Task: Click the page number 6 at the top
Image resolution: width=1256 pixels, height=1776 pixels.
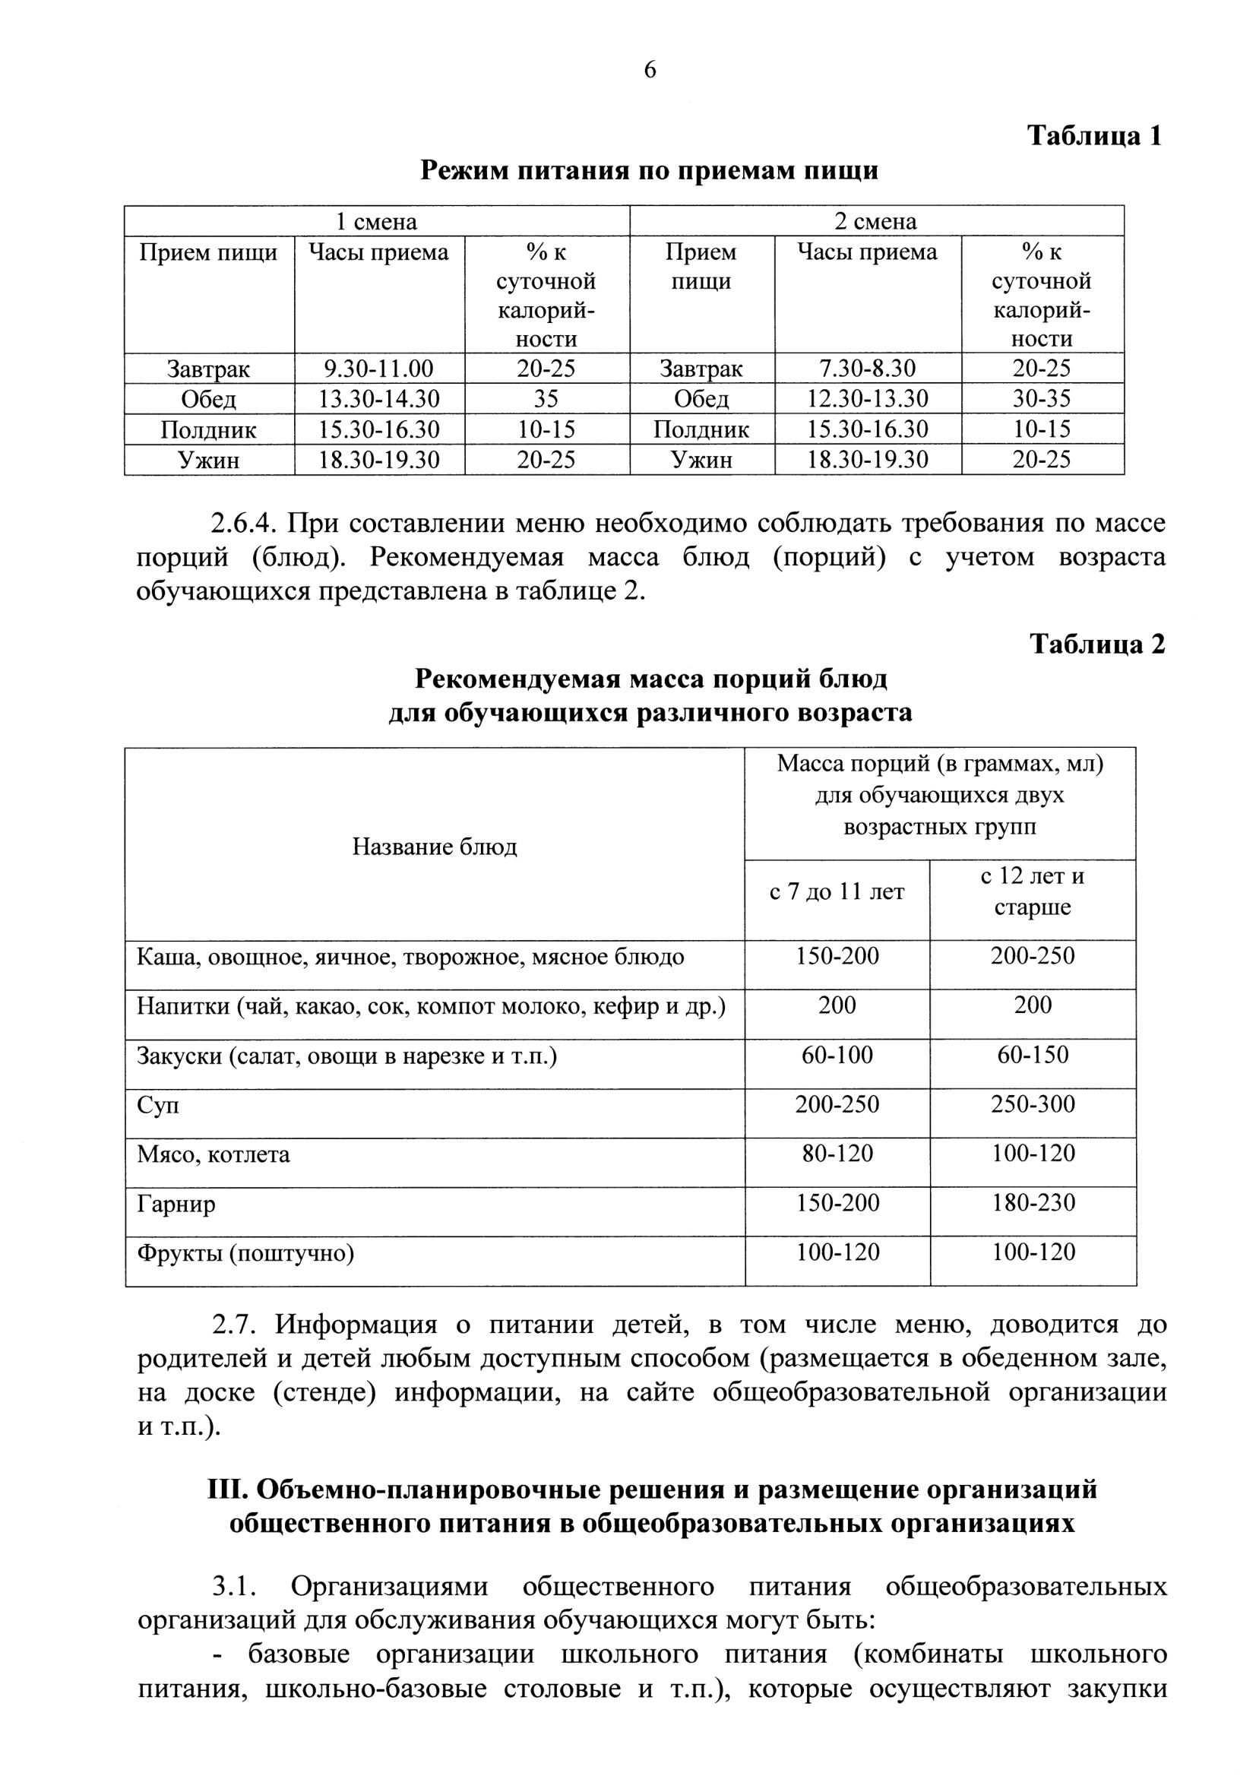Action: click(x=650, y=71)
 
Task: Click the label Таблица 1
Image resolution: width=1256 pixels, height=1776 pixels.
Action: click(x=1094, y=136)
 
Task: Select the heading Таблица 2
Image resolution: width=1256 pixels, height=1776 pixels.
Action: click(x=1096, y=644)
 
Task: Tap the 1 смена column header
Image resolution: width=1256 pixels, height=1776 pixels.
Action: click(x=376, y=222)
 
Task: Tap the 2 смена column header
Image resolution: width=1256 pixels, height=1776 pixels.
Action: click(x=875, y=222)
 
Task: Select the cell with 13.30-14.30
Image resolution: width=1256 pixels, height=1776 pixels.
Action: click(x=379, y=399)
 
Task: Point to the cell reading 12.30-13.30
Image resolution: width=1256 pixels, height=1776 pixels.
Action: click(x=867, y=399)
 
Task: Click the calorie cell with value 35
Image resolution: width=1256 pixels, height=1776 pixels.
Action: click(x=546, y=399)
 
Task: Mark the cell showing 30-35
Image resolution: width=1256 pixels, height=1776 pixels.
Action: click(x=1042, y=399)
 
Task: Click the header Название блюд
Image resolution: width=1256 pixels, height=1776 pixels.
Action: click(x=435, y=847)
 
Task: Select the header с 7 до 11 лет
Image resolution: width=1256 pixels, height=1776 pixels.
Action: click(x=837, y=893)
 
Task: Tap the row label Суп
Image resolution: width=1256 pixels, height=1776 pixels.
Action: click(x=158, y=1106)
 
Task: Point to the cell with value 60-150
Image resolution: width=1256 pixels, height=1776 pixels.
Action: click(x=1033, y=1055)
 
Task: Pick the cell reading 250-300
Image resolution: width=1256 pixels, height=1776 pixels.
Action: click(x=1033, y=1105)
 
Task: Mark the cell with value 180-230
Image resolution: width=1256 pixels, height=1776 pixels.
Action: click(x=1033, y=1204)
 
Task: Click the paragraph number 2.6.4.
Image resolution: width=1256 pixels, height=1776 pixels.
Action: click(x=243, y=524)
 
